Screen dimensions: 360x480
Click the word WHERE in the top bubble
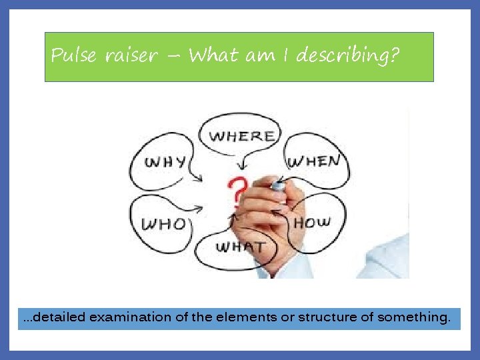pos(241,136)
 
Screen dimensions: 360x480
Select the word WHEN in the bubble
pos(313,161)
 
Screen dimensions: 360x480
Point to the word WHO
pos(164,223)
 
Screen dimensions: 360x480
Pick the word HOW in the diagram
pos(313,221)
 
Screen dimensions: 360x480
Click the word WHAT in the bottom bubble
pos(241,247)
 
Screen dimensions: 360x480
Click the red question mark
pos(235,193)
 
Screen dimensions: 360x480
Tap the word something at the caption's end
pos(414,317)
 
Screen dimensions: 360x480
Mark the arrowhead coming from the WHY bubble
pos(199,178)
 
